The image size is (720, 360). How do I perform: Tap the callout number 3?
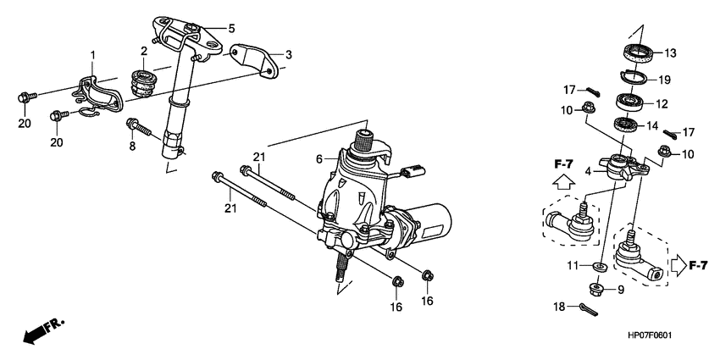(288, 55)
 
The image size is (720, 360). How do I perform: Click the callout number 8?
(132, 146)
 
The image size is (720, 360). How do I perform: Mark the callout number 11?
(573, 266)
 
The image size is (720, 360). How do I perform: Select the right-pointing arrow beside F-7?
(678, 267)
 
